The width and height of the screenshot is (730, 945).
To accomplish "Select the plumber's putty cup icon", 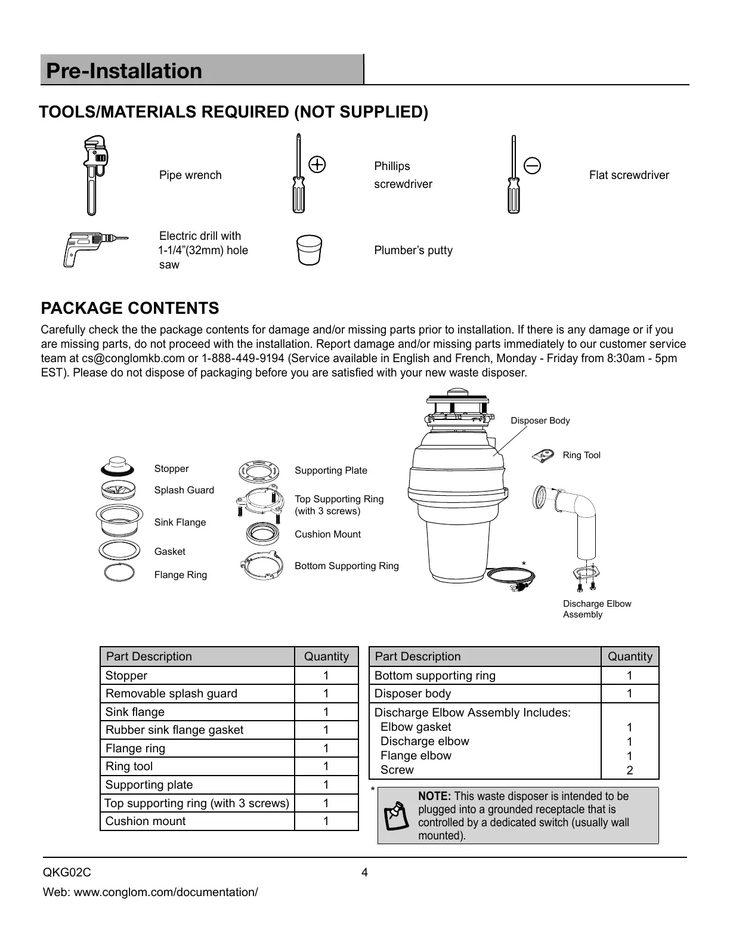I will pyautogui.click(x=309, y=250).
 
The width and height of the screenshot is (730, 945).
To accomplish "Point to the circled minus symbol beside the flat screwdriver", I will pyautogui.click(x=532, y=165).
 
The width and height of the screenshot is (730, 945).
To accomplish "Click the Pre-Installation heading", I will pyautogui.click(x=124, y=71).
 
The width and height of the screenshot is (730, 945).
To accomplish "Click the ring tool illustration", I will pyautogui.click(x=544, y=456).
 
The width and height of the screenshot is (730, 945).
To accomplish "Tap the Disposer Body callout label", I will pyautogui.click(x=540, y=421).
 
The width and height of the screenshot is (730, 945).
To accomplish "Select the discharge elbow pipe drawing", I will pyautogui.click(x=576, y=513).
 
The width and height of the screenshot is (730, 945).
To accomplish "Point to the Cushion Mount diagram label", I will pyautogui.click(x=327, y=534).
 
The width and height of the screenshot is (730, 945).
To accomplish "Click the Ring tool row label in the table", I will pyautogui.click(x=129, y=766).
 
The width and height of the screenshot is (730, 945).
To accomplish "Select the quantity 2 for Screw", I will pyautogui.click(x=629, y=770).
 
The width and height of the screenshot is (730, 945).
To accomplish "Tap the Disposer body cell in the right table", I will pyautogui.click(x=412, y=693).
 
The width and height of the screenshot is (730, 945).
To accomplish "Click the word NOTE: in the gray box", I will pyautogui.click(x=435, y=796).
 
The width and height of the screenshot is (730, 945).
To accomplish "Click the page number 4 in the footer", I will pyautogui.click(x=364, y=873).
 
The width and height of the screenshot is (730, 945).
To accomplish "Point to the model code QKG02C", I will pyautogui.click(x=67, y=873).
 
